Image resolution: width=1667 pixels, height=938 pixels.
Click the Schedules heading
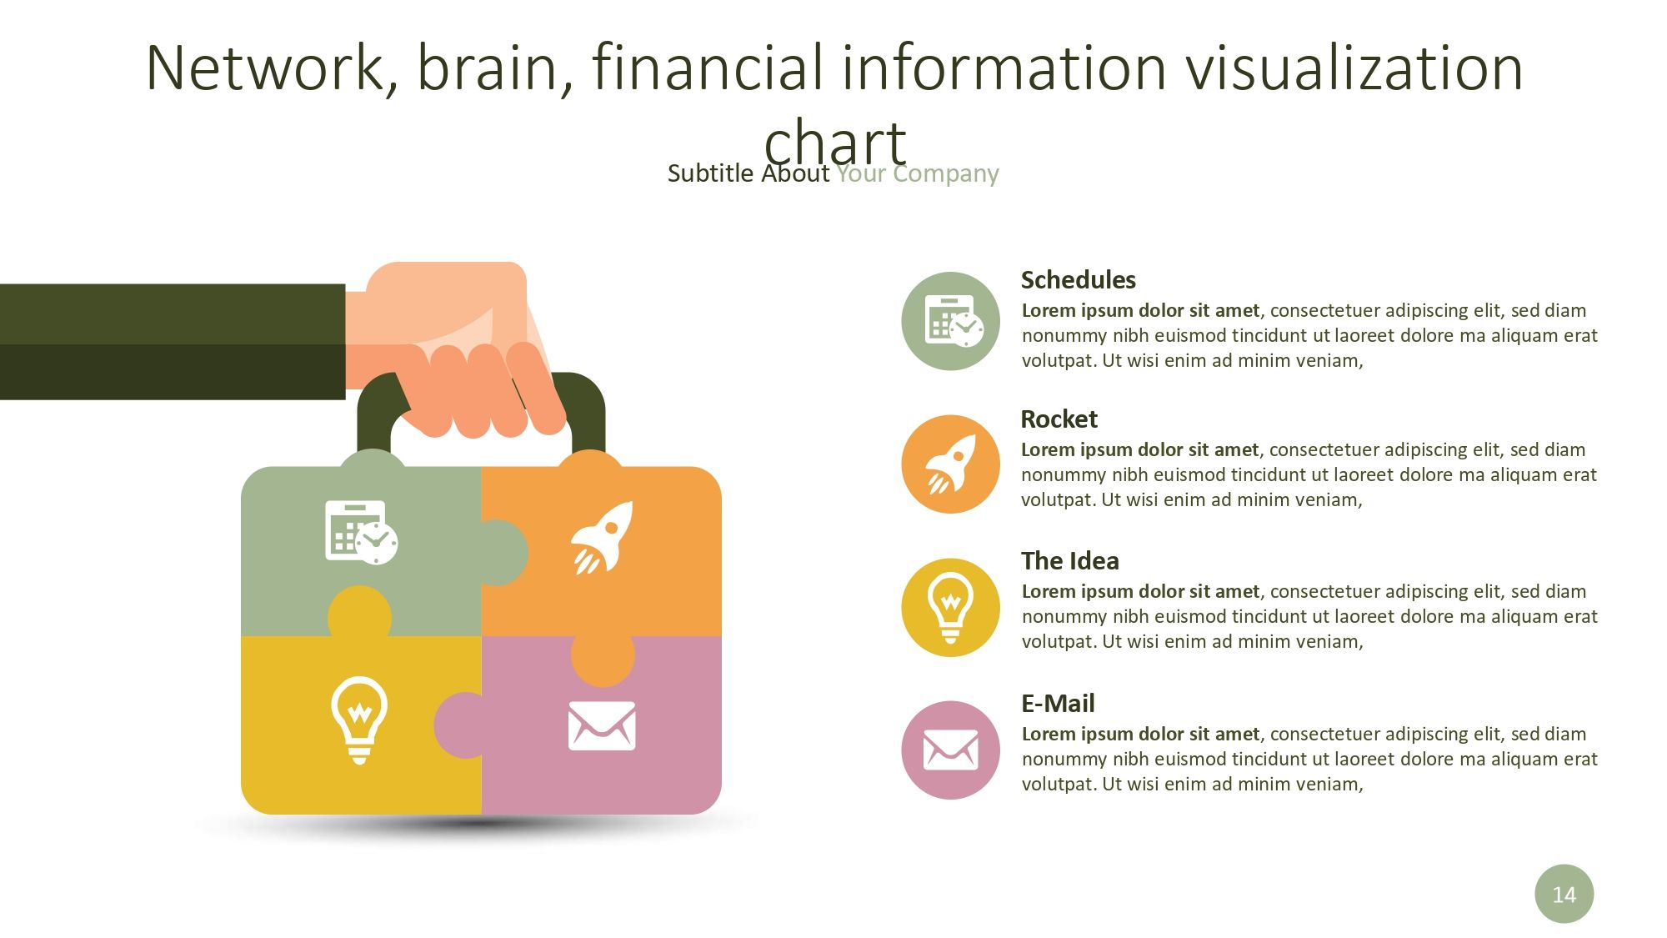[x=1078, y=280]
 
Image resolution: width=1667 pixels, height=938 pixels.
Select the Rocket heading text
[x=1059, y=419]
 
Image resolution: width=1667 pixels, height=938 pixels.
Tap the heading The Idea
[x=1070, y=561]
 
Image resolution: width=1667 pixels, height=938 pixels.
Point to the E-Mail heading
[x=1058, y=704]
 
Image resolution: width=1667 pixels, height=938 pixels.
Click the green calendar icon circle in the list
[x=950, y=321]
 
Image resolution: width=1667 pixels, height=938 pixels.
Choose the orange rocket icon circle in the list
[x=950, y=464]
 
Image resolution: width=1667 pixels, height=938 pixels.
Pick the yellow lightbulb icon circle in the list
[x=950, y=607]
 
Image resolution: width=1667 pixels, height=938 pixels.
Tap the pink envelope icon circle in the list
[x=950, y=750]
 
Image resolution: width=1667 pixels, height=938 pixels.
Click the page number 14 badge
[x=1564, y=894]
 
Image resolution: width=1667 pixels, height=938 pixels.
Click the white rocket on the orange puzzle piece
[x=602, y=538]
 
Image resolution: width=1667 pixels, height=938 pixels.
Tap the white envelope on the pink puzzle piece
[x=602, y=725]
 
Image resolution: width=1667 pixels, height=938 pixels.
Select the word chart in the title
[x=834, y=142]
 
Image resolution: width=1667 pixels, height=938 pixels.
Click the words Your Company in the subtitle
[x=917, y=173]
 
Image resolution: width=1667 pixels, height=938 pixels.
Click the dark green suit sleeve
[x=173, y=342]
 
